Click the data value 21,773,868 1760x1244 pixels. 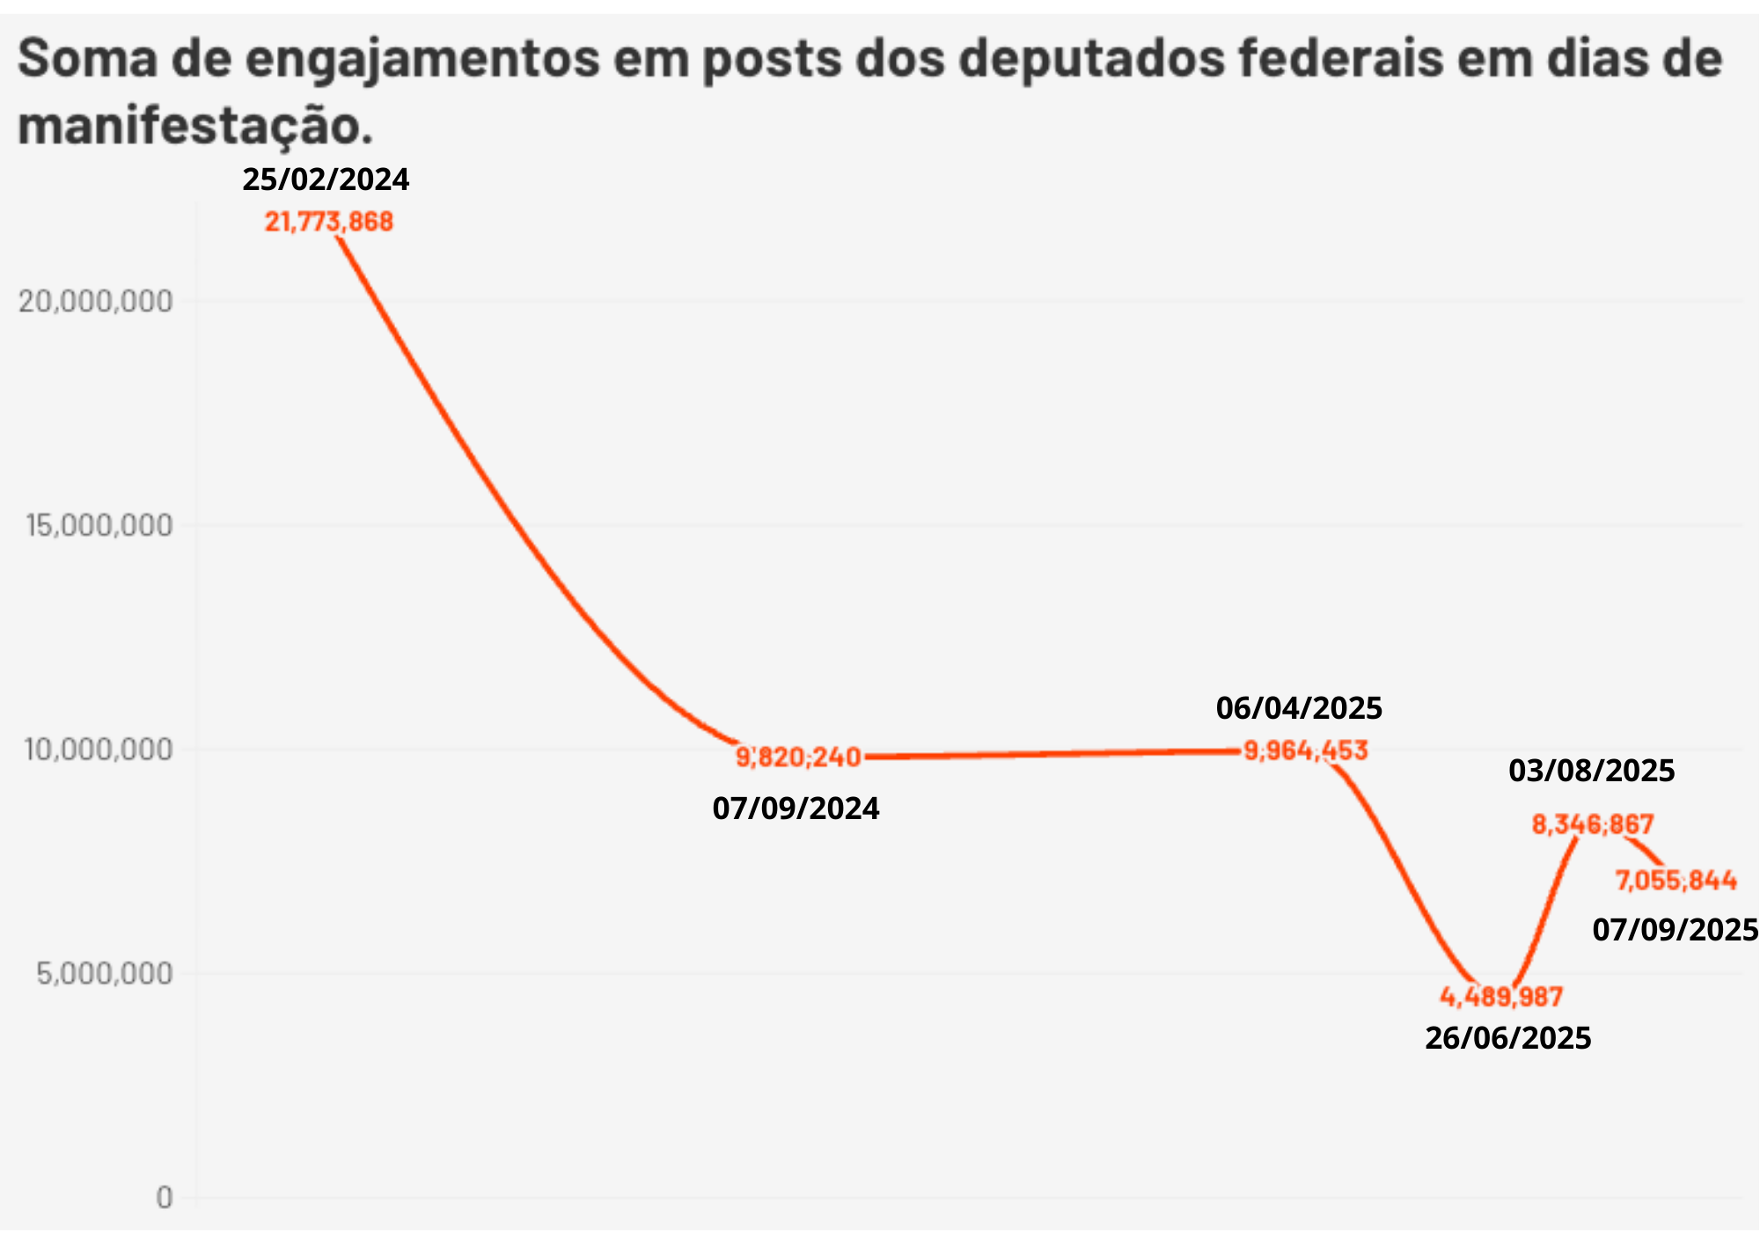pos(329,222)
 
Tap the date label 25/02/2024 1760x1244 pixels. pos(326,179)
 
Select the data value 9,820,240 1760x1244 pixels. pos(798,757)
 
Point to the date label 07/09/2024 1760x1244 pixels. pos(796,809)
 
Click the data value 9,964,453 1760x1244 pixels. pos(1306,750)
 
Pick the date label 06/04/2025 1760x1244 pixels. pos(1299,708)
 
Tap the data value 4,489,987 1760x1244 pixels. pos(1501,997)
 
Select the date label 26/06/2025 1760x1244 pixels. pos(1508,1039)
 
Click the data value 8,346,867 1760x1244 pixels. pos(1593,824)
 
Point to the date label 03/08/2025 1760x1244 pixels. pos(1591,772)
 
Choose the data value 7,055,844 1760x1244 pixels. pos(1676,880)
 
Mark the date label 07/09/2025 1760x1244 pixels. pos(1675,930)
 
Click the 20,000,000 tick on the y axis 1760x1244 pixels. pos(96,301)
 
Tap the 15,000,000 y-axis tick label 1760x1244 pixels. pos(99,525)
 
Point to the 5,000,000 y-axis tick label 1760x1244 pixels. pos(104,973)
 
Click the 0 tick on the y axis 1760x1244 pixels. pos(165,1197)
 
